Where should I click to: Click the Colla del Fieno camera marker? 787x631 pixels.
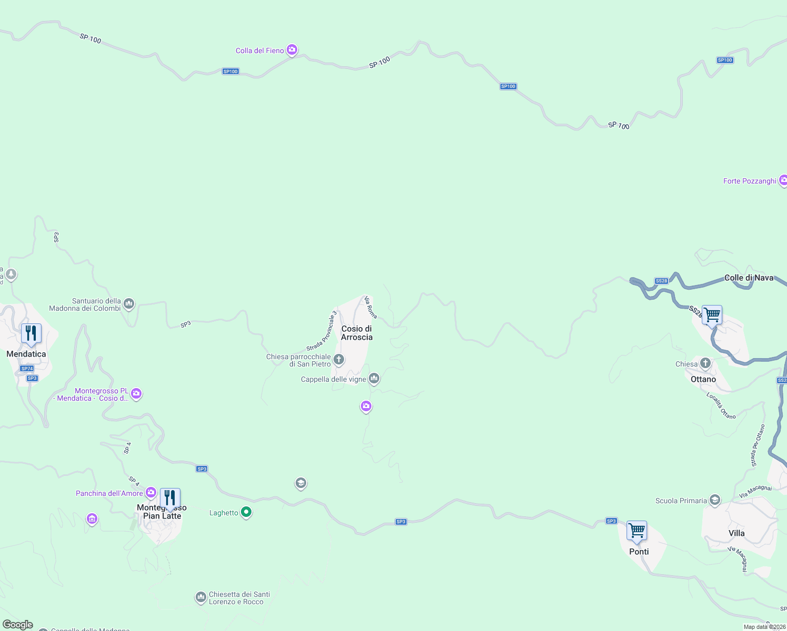pyautogui.click(x=292, y=50)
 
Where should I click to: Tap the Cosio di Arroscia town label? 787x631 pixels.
pyautogui.click(x=357, y=333)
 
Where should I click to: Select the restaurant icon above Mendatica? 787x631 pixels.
pyautogui.click(x=31, y=333)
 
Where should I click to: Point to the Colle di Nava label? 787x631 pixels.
pyautogui.click(x=749, y=278)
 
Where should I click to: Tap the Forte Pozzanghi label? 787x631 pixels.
pyautogui.click(x=750, y=181)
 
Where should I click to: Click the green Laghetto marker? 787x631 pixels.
pyautogui.click(x=246, y=512)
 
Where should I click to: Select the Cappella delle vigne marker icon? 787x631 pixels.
pyautogui.click(x=374, y=378)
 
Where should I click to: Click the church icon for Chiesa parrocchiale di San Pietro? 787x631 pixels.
pyautogui.click(x=339, y=360)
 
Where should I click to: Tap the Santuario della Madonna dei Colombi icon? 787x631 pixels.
pyautogui.click(x=129, y=303)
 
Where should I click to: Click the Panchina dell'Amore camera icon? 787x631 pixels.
pyautogui.click(x=151, y=493)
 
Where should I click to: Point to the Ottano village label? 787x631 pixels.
pyautogui.click(x=703, y=379)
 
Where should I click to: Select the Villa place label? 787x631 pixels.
pyautogui.click(x=736, y=533)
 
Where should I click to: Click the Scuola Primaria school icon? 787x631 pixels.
pyautogui.click(x=714, y=500)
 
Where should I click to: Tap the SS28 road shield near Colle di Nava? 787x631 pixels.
pyautogui.click(x=661, y=281)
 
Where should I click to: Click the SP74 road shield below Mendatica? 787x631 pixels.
pyautogui.click(x=27, y=369)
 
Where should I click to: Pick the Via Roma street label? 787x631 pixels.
pyautogui.click(x=371, y=307)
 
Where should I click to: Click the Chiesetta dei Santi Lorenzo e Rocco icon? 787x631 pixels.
pyautogui.click(x=200, y=597)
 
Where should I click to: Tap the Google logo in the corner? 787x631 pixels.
pyautogui.click(x=18, y=625)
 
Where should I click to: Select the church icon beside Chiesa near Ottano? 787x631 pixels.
pyautogui.click(x=705, y=363)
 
